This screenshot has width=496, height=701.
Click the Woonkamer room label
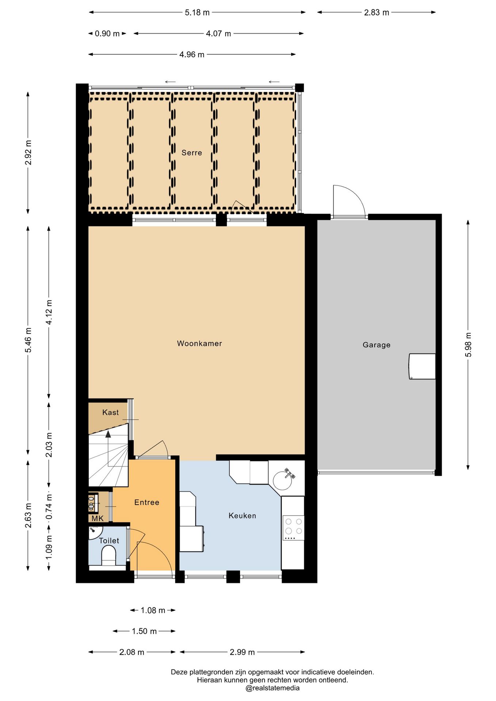point(199,343)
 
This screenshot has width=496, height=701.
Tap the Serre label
point(192,153)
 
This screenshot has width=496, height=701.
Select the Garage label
point(377,345)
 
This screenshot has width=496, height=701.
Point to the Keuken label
point(242,516)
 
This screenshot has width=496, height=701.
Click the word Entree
point(147,502)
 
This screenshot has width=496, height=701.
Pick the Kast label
point(110,412)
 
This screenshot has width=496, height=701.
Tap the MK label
point(97,518)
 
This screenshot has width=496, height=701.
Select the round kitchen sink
point(282,480)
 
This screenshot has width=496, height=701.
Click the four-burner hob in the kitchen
point(293,528)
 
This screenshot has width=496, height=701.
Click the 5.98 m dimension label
point(468,345)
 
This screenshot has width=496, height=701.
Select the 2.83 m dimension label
point(377,12)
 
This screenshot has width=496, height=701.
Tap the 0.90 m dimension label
point(107,34)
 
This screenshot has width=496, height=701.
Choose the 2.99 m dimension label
point(242,652)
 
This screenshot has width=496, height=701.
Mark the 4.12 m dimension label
point(49,312)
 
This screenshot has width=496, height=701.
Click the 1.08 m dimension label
point(153,610)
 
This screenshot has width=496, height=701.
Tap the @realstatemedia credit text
point(272,688)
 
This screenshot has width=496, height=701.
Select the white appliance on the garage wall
point(422,366)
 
